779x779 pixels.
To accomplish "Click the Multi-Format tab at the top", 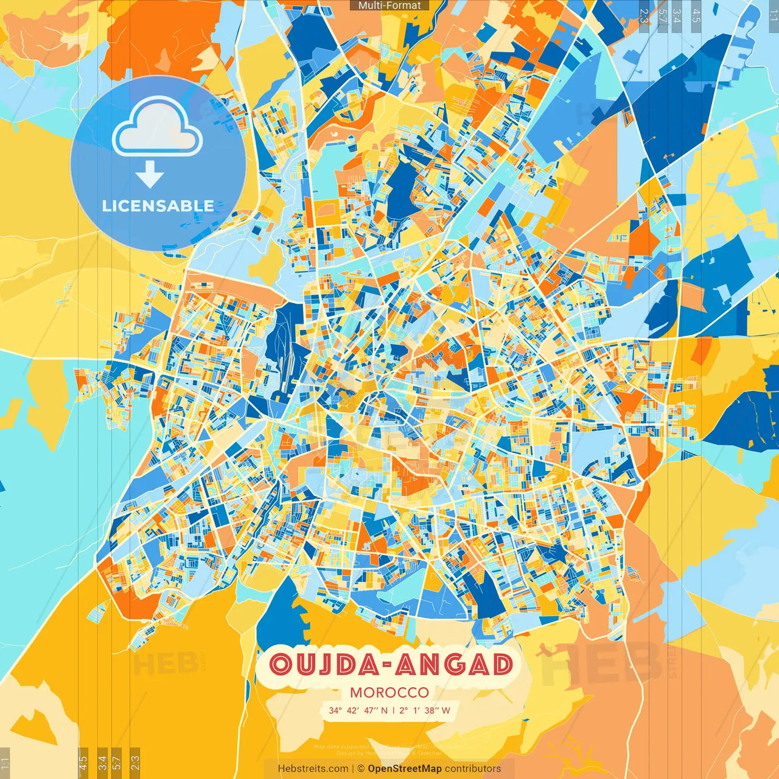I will (x=389, y=5).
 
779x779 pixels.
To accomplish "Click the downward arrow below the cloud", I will (x=150, y=175).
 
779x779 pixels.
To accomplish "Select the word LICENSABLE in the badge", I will (x=158, y=206).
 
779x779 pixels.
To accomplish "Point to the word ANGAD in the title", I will (x=453, y=665).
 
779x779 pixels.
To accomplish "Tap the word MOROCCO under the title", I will (x=389, y=693).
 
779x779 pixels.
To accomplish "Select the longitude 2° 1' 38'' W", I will (x=425, y=710).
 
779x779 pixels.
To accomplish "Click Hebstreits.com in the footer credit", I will (x=313, y=769).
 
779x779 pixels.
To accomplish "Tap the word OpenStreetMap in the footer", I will (x=405, y=769).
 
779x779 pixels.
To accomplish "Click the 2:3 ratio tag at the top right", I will (x=644, y=15).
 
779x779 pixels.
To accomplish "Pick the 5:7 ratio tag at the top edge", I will (x=662, y=15).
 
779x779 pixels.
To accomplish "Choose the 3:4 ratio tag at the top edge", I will (x=677, y=15).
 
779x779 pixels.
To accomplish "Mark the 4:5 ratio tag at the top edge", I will (x=696, y=15).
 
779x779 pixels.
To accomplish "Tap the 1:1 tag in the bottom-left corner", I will (x=5, y=763).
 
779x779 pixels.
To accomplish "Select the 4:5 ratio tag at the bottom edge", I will (x=83, y=763).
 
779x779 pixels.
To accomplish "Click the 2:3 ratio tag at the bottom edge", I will (x=135, y=763).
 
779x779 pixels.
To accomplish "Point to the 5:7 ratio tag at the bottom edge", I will (x=117, y=763).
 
